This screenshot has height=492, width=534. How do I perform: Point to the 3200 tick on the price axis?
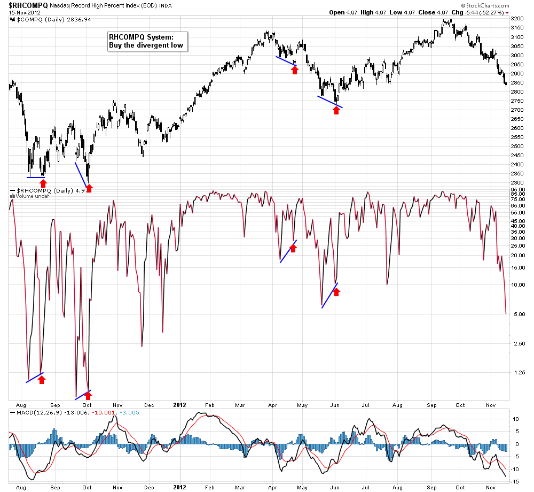click(517, 18)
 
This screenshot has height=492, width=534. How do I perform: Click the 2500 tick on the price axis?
click(517, 146)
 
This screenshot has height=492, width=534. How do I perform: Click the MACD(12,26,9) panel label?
click(33, 412)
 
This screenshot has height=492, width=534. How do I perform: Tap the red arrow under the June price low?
click(336, 110)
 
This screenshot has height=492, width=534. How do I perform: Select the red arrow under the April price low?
click(295, 70)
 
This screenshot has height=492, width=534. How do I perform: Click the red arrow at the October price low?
click(89, 188)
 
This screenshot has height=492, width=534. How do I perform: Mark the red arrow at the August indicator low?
click(42, 379)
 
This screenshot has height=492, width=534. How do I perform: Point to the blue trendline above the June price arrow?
click(330, 102)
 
